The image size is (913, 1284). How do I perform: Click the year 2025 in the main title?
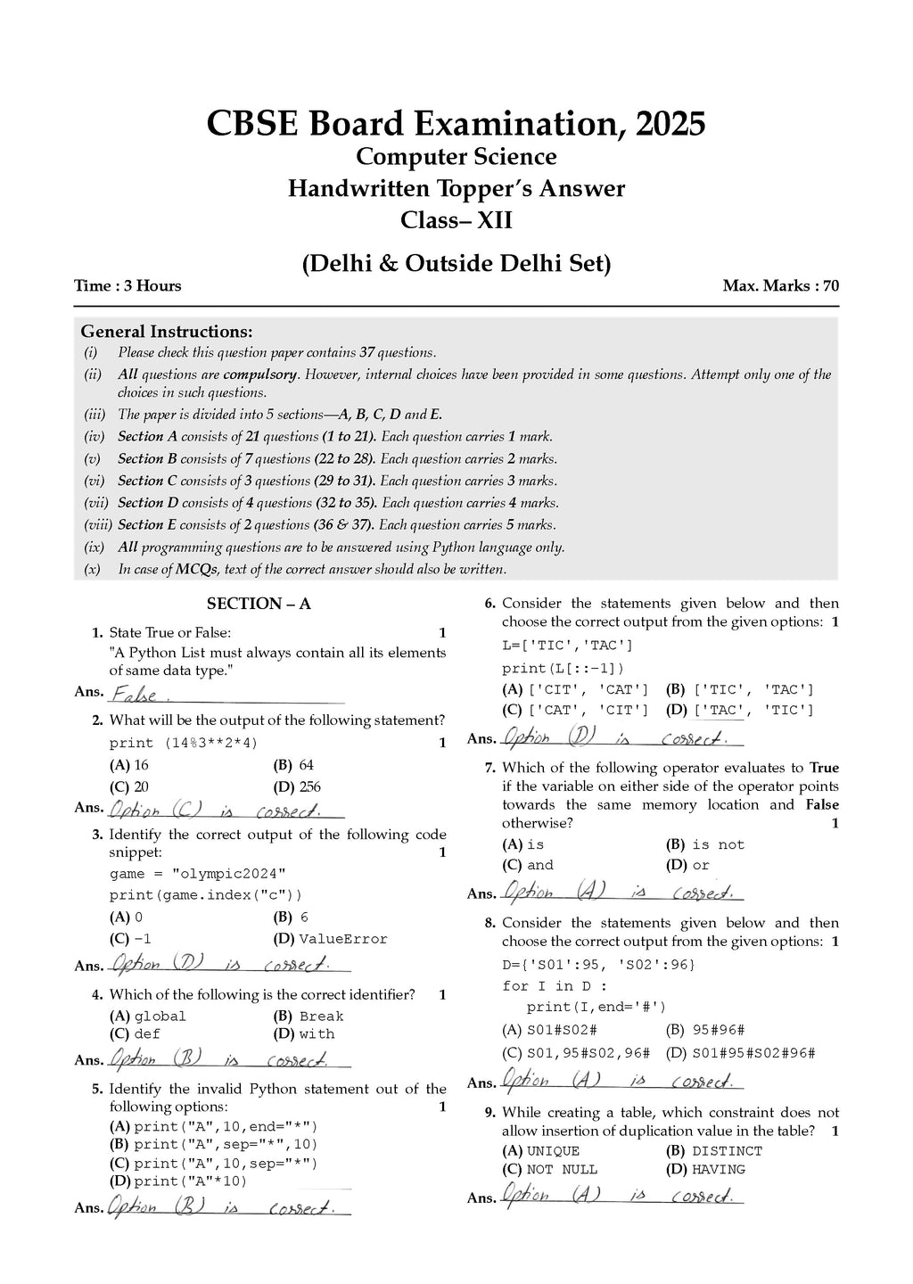[x=669, y=123]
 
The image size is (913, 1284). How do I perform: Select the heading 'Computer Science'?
[x=456, y=157]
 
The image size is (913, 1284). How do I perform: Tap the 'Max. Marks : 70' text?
[x=780, y=286]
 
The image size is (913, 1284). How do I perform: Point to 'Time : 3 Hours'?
[x=127, y=286]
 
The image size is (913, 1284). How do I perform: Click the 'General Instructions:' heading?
[x=167, y=332]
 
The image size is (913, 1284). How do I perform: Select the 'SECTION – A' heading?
[x=259, y=604]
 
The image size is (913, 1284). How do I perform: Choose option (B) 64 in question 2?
[x=294, y=765]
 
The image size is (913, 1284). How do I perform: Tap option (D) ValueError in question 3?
[x=331, y=939]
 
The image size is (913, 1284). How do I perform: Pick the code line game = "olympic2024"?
[x=198, y=874]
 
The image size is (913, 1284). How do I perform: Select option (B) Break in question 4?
[x=308, y=1017]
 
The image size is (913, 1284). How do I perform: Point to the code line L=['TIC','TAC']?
[x=567, y=645]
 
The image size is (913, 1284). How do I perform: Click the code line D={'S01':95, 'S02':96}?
[x=598, y=964]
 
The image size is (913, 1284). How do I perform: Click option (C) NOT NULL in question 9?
[x=550, y=1170]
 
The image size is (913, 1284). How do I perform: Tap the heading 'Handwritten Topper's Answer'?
[x=456, y=189]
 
